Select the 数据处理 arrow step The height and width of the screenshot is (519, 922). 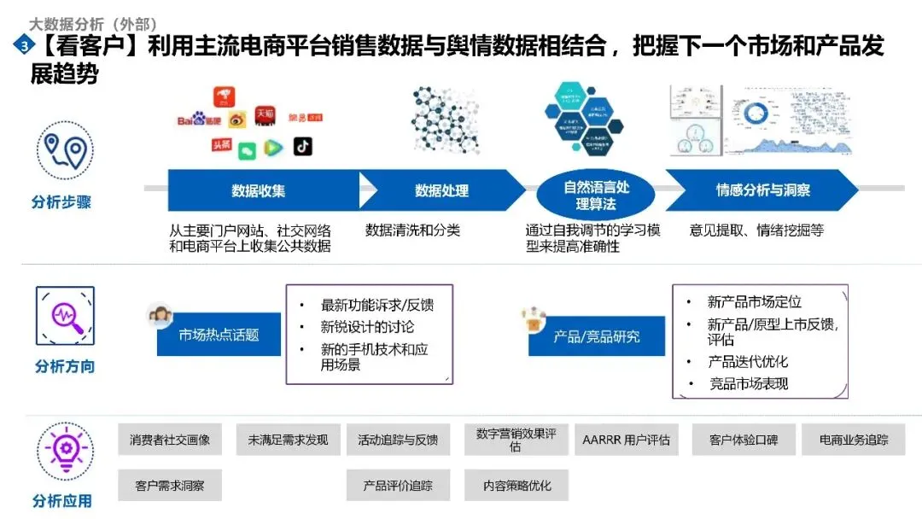441,190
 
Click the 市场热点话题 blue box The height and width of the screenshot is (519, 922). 219,335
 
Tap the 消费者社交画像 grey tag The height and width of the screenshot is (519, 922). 170,440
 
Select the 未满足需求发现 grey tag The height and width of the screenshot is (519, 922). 288,440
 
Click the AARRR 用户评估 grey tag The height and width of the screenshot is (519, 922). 626,440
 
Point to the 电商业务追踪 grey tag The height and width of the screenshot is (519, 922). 854,440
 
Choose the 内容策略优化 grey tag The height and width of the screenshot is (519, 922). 516,486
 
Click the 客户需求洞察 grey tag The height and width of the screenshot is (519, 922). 170,486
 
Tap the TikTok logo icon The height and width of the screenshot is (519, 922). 303,146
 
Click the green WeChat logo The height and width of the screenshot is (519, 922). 247,150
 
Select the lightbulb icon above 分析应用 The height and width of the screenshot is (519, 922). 65,448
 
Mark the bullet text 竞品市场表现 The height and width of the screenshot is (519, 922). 749,384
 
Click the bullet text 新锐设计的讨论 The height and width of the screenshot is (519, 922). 368,327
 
